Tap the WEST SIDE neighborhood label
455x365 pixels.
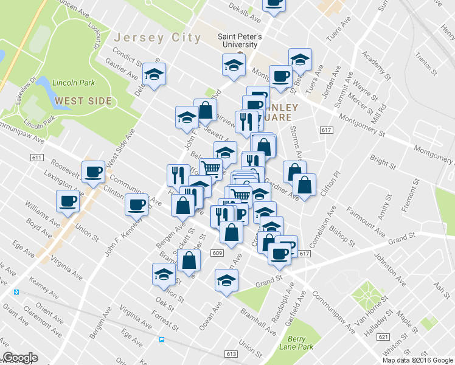pyautogui.click(x=83, y=100)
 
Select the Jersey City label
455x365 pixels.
pyautogui.click(x=158, y=38)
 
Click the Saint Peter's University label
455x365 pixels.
pyautogui.click(x=240, y=40)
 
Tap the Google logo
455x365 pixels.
pyautogui.click(x=20, y=358)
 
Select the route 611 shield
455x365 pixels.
pyautogui.click(x=36, y=158)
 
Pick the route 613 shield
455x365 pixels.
pyautogui.click(x=231, y=354)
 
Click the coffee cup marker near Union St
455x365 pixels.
pyautogui.click(x=67, y=201)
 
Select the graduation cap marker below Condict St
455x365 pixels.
pyautogui.click(x=154, y=75)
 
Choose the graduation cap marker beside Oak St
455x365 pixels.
pyautogui.click(x=162, y=275)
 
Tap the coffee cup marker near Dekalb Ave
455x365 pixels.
pyautogui.click(x=274, y=3)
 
